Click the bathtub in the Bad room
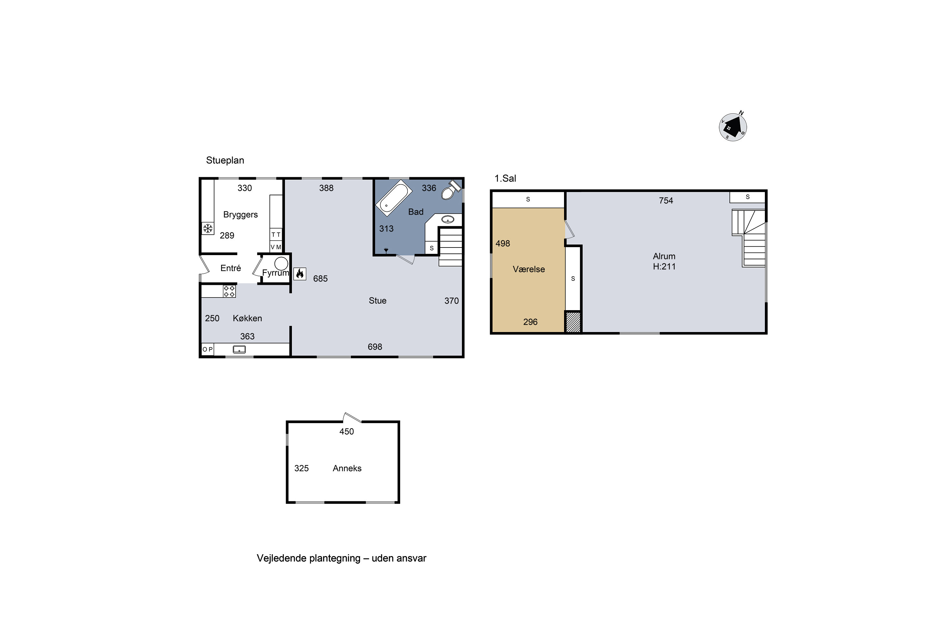pyautogui.click(x=394, y=198)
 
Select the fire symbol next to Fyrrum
pyautogui.click(x=300, y=274)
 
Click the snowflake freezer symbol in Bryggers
pyautogui.click(x=208, y=229)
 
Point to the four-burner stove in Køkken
pyautogui.click(x=229, y=291)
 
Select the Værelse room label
pyautogui.click(x=529, y=269)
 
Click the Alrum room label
pyautogui.click(x=664, y=256)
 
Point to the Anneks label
pyautogui.click(x=347, y=468)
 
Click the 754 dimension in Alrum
pyautogui.click(x=666, y=201)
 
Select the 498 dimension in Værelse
pyautogui.click(x=503, y=243)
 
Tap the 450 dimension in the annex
pyautogui.click(x=347, y=432)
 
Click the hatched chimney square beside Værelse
pyautogui.click(x=573, y=322)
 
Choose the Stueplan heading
pyautogui.click(x=225, y=160)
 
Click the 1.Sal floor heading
pyautogui.click(x=506, y=179)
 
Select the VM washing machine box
pyautogui.click(x=276, y=247)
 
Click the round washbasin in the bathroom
pyautogui.click(x=448, y=220)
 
